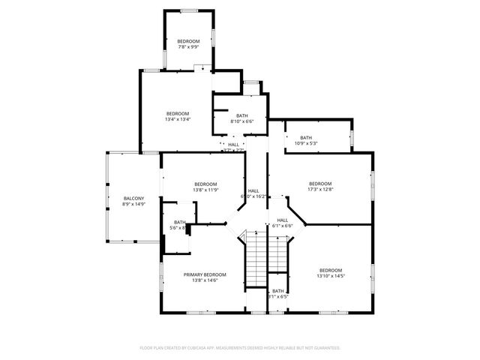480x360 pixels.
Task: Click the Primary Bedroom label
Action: tap(205, 274)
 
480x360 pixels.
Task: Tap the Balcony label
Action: tap(133, 198)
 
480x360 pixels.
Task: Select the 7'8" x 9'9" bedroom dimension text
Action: tap(188, 47)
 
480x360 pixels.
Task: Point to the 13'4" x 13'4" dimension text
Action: tap(178, 119)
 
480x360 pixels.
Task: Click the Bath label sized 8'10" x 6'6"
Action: tap(241, 115)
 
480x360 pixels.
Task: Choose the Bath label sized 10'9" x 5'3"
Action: tap(306, 137)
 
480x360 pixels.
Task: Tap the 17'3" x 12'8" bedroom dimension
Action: tap(320, 190)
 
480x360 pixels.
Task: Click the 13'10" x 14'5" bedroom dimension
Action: tap(331, 276)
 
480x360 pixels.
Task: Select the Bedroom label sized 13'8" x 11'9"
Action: tap(205, 184)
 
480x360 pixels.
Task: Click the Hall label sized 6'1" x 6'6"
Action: tap(282, 220)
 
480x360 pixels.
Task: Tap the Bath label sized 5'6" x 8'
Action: tap(180, 222)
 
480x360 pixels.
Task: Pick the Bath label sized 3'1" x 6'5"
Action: tap(278, 291)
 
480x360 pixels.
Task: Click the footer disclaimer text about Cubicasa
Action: tap(240, 348)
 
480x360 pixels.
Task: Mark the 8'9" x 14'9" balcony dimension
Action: tap(133, 204)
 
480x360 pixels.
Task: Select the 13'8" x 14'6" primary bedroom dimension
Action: tap(205, 280)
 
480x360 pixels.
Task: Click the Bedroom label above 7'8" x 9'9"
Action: tap(188, 40)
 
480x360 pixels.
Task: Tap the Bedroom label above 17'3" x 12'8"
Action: tap(320, 184)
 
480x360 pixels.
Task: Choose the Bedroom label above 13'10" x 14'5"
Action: tap(331, 270)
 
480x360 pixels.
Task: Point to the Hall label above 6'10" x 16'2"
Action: tap(253, 190)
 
